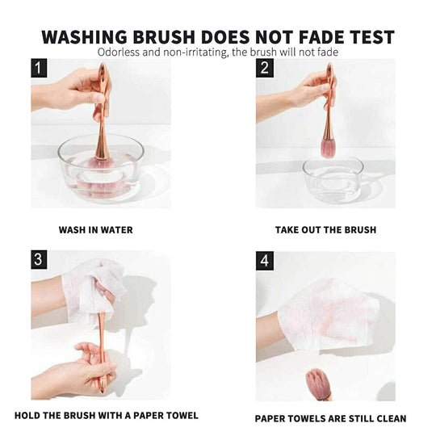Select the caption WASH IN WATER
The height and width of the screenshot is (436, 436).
(x=95, y=230)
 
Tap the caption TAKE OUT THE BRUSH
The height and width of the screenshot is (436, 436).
(x=325, y=230)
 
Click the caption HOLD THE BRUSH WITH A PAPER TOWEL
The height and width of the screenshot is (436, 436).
(x=106, y=416)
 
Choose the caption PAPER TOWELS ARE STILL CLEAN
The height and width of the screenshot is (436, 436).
(x=330, y=418)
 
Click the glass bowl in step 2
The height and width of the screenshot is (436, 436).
(x=333, y=179)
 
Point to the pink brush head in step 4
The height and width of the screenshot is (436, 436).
(x=318, y=384)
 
